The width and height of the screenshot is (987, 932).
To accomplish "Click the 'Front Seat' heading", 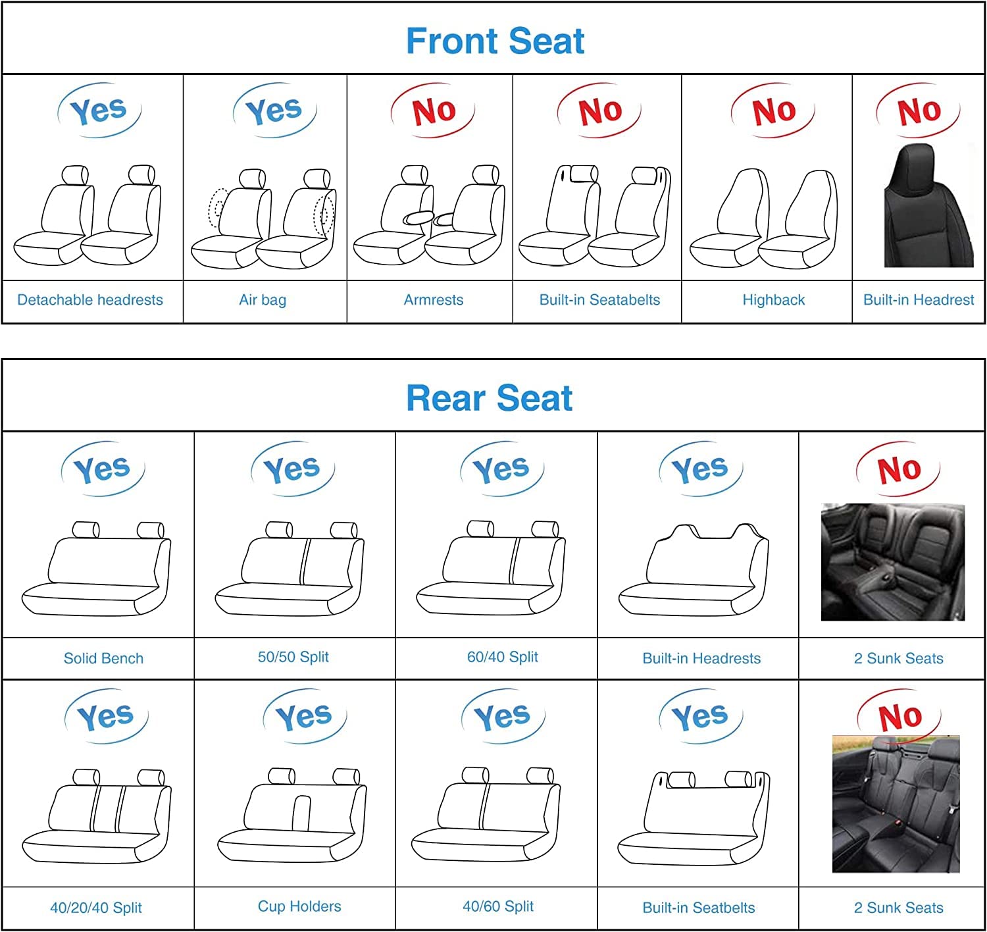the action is tap(495, 41).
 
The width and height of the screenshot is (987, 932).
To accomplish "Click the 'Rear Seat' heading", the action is tap(490, 398).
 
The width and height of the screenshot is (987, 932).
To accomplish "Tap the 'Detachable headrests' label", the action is tap(90, 300).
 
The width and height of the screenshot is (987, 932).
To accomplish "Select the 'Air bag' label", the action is tap(263, 300).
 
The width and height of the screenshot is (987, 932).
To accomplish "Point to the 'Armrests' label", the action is tap(434, 300).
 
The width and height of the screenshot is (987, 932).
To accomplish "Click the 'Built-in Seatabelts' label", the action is tap(599, 300).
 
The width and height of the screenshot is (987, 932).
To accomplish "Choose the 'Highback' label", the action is tap(773, 300).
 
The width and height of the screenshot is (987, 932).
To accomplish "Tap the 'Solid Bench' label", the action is tap(103, 658).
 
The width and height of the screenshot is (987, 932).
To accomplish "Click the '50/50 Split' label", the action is tap(293, 657).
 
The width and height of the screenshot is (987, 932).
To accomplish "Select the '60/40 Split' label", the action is tap(503, 657).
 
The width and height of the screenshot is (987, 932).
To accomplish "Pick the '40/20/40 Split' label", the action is tap(96, 908).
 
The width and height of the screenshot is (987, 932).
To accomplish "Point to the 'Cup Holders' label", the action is tap(299, 906).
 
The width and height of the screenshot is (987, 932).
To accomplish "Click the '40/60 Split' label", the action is tap(498, 906).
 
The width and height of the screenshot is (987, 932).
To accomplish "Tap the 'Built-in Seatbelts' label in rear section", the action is tap(698, 908).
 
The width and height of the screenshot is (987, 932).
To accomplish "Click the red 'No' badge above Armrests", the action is tap(433, 111).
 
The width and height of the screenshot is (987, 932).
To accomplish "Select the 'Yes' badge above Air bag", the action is tap(275, 111).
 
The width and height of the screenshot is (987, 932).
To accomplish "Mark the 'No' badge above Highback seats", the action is tap(773, 111).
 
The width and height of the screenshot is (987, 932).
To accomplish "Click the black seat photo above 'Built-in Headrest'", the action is tap(928, 205).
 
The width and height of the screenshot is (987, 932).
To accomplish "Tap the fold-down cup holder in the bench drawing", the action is tap(301, 813).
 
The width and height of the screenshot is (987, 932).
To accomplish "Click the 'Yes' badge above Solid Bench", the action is tap(103, 469).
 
